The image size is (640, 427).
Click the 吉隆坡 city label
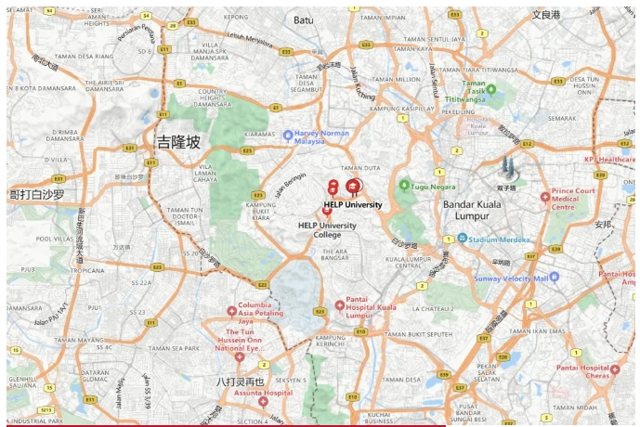pyautogui.click(x=177, y=142)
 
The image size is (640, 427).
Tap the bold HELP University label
pyautogui.click(x=353, y=204)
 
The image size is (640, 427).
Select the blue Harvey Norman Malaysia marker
pyautogui.click(x=288, y=136)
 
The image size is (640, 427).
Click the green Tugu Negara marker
pyautogui.click(x=404, y=186)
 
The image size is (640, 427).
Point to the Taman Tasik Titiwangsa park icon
pyautogui.click(x=491, y=90)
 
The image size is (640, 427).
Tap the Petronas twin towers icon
pyautogui.click(x=507, y=168)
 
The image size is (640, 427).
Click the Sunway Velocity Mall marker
pyautogui.click(x=555, y=278)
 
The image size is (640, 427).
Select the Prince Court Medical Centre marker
pyautogui.click(x=545, y=197)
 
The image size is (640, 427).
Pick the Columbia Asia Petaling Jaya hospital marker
pyautogui.click(x=232, y=311)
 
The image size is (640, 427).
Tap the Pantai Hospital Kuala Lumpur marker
pyautogui.click(x=340, y=305)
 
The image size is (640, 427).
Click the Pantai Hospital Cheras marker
pyautogui.click(x=590, y=373)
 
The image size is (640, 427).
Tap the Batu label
pyautogui.click(x=303, y=19)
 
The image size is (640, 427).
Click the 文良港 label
pyautogui.click(x=546, y=16)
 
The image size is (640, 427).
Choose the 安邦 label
pyautogui.click(x=604, y=224)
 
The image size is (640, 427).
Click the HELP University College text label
pyautogui.click(x=327, y=229)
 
